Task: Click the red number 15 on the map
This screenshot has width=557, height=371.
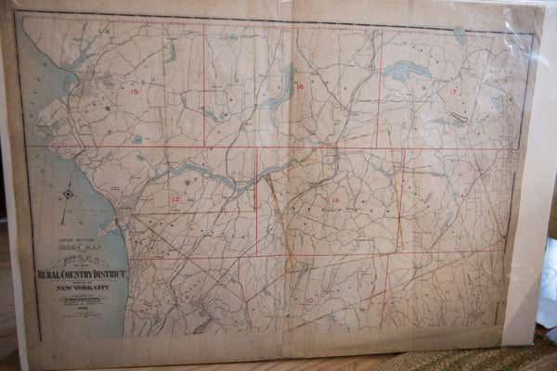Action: pyautogui.click(x=135, y=91)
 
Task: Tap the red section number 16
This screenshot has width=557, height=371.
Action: pyautogui.click(x=299, y=86)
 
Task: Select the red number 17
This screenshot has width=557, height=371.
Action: pyautogui.click(x=453, y=92)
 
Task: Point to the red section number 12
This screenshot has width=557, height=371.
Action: pyautogui.click(x=175, y=198)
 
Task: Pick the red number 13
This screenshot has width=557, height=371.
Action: pyautogui.click(x=334, y=201)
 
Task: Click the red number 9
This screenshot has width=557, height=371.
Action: pyautogui.click(x=187, y=297)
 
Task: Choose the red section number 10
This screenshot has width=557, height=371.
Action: pyautogui.click(x=308, y=301)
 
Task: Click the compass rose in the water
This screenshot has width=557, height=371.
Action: pyautogui.click(x=68, y=194)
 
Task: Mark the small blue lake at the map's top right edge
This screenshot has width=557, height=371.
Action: pyautogui.click(x=460, y=35)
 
